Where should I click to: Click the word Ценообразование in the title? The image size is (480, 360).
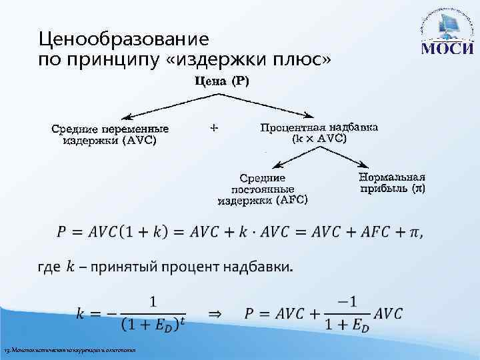point(124,39)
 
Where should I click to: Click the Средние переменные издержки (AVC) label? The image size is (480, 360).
point(110,134)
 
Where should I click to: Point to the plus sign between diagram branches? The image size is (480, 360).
point(213,126)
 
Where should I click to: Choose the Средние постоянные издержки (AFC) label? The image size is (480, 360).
point(263,189)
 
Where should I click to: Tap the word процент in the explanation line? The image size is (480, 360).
point(187,268)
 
